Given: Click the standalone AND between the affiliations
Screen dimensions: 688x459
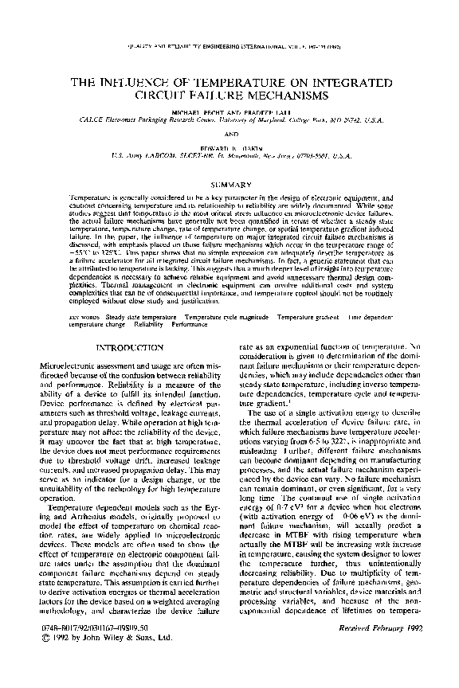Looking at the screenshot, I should coord(229,134).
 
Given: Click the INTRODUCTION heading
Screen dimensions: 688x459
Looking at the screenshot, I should coord(129,349).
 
